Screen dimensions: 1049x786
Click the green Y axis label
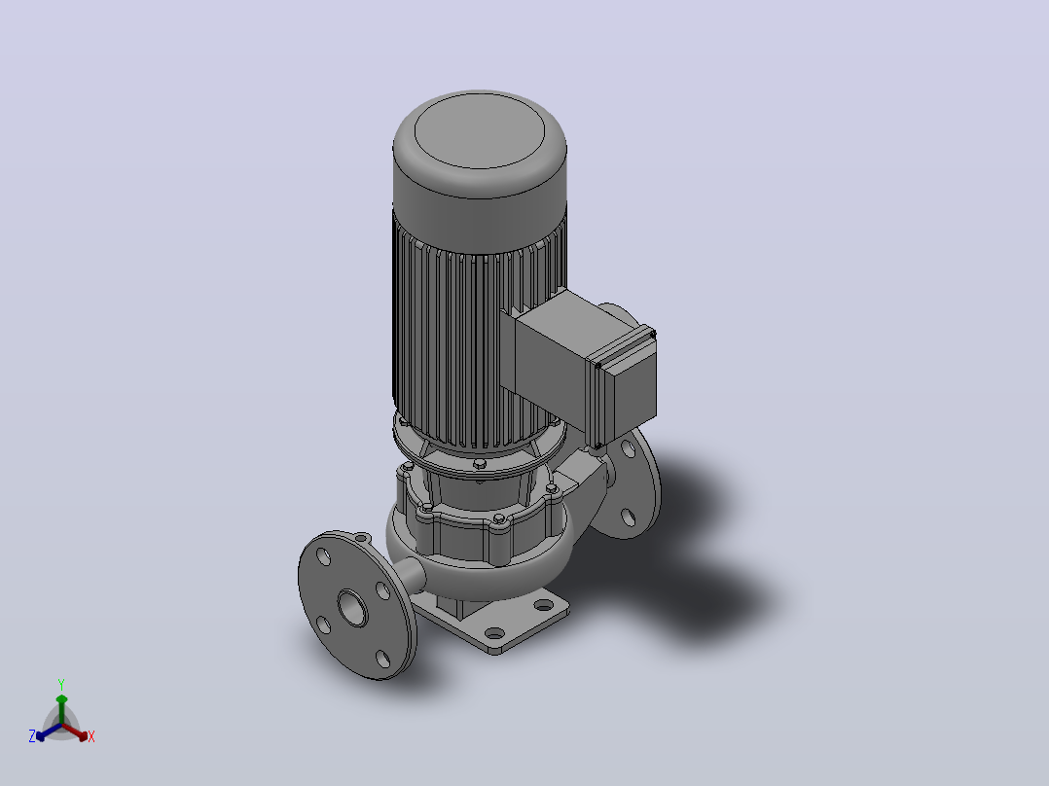coord(61,684)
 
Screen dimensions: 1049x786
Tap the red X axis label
coord(91,736)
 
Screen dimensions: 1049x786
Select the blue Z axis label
coord(31,736)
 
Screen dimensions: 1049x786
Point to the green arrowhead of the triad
coord(61,699)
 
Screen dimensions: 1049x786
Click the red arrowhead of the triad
coord(83,736)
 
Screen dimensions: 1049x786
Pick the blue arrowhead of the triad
coord(41,736)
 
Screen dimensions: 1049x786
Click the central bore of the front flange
coord(352,608)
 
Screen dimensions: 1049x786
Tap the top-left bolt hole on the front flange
coord(323,556)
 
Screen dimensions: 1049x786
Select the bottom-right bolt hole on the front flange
coord(383,659)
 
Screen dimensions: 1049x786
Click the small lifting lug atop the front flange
coord(361,537)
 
